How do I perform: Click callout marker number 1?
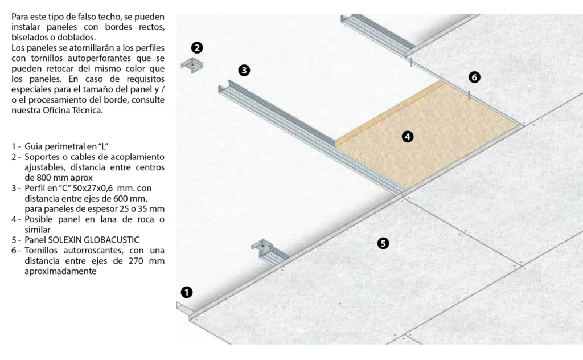(x=187, y=292)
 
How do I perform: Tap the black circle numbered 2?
(x=197, y=48)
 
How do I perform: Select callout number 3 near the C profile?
(x=244, y=70)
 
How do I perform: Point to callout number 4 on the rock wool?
(x=408, y=137)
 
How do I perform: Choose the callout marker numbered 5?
(x=383, y=243)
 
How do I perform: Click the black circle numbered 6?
(x=474, y=77)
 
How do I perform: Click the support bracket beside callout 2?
(x=192, y=65)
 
